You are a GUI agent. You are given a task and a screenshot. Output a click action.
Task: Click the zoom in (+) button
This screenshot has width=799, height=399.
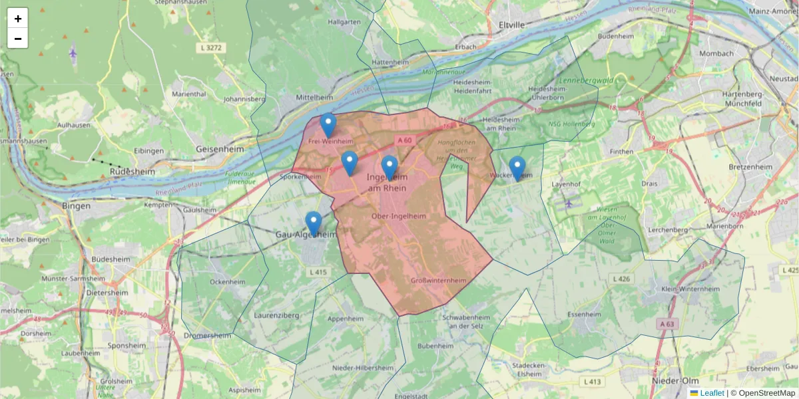[x=18, y=19]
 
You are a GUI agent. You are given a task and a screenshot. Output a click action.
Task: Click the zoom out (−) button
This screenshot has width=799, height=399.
[x=18, y=39]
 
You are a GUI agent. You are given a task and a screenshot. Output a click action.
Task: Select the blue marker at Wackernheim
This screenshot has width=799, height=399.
[x=517, y=168]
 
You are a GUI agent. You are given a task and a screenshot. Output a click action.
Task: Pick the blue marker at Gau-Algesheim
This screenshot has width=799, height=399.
[x=314, y=223]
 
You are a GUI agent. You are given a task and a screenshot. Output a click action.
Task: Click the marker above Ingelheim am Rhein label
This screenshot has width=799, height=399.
[x=390, y=168]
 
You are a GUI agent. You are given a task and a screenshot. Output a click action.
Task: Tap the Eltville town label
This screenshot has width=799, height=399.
[x=511, y=25]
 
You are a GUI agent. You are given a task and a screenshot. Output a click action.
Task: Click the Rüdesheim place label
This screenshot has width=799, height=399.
[x=132, y=172]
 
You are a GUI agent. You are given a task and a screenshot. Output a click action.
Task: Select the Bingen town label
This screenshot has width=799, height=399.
[x=75, y=205]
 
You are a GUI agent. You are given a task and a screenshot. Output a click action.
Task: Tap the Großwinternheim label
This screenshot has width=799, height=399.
[x=439, y=281]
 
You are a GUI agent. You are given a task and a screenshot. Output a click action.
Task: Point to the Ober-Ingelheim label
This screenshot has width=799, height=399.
[x=399, y=217]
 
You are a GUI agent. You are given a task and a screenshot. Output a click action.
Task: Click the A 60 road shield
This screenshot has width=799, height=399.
[x=405, y=140]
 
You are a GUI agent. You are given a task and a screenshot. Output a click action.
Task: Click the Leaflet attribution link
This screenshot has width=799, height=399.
[x=712, y=393]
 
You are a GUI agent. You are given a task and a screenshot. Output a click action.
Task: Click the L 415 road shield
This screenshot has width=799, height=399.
[x=319, y=272]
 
